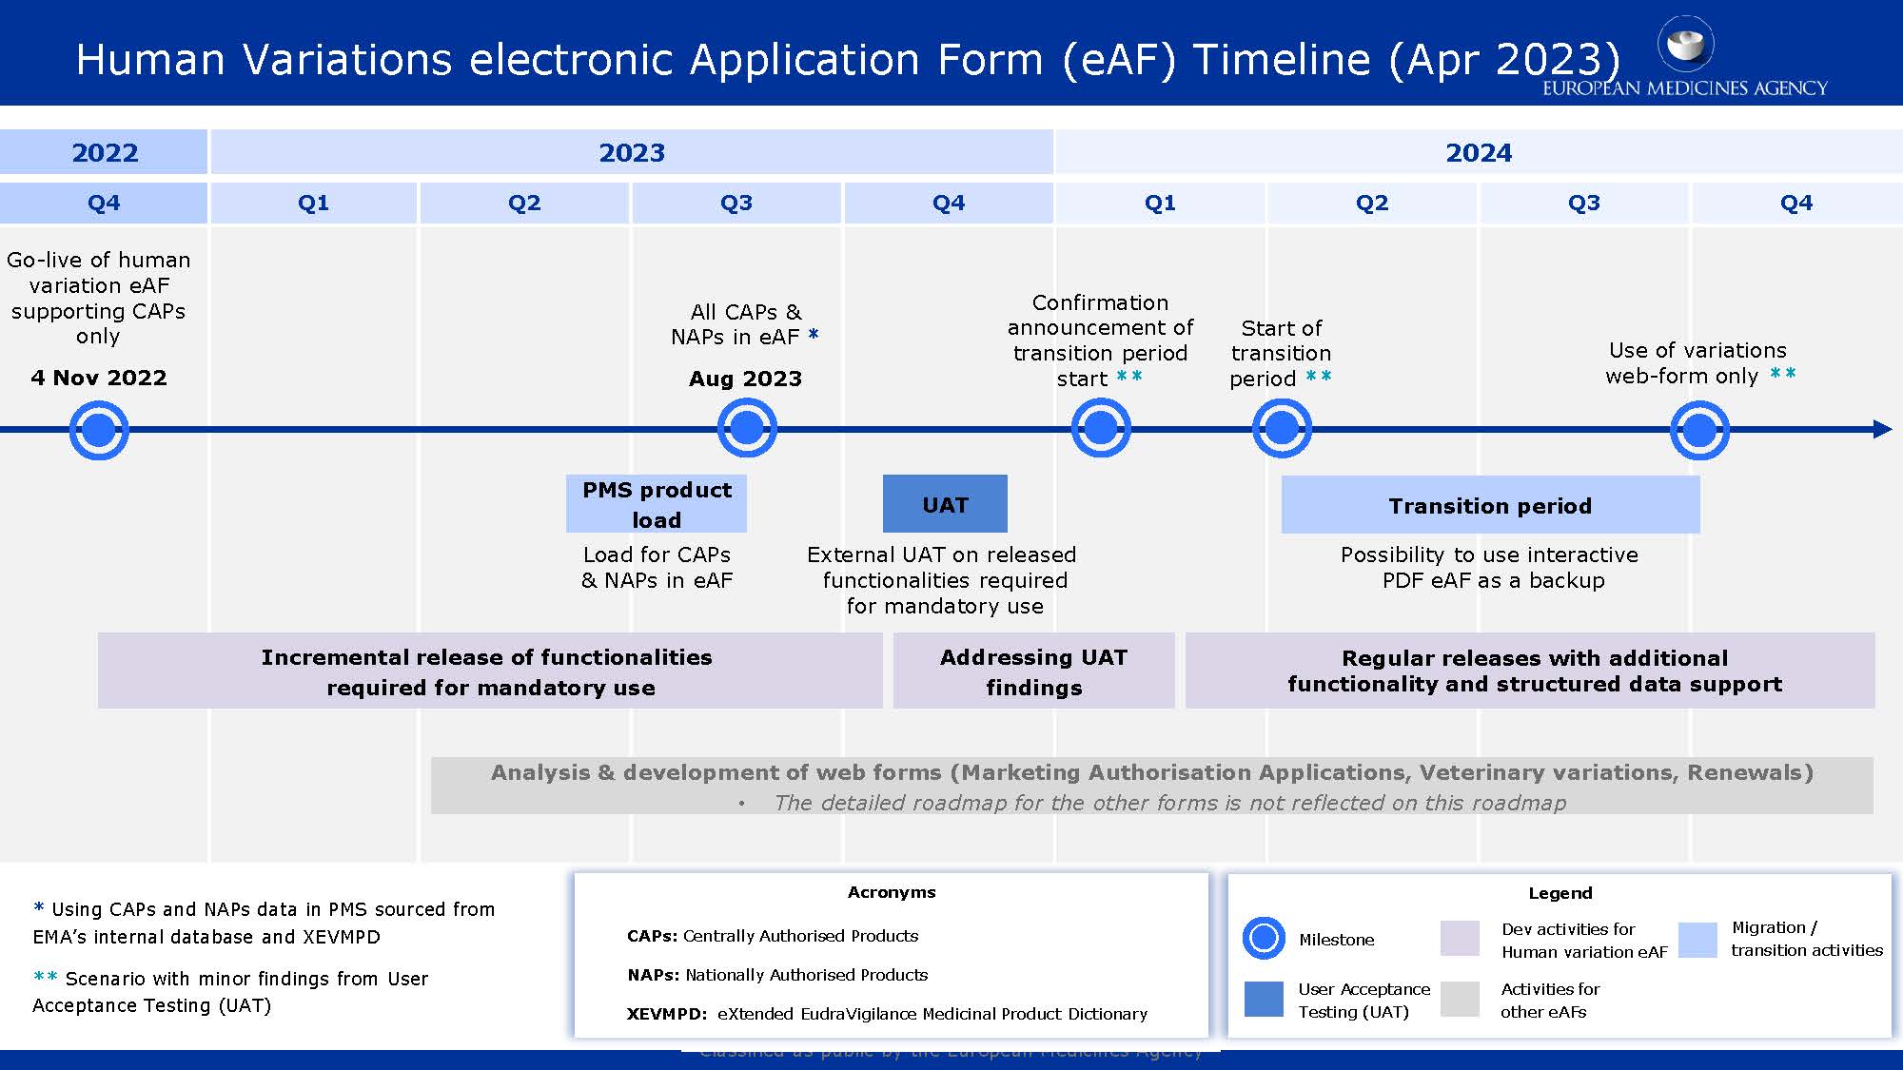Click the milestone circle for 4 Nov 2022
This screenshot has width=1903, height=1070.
point(99,430)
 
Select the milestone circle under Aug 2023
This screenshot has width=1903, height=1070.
point(747,428)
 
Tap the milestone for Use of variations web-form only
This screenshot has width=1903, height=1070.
point(1699,430)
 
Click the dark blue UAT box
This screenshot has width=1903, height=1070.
point(945,504)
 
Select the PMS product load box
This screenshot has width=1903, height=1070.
point(657,504)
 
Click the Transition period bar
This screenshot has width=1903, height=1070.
point(1490,505)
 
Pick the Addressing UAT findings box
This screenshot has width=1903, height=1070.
point(1033,671)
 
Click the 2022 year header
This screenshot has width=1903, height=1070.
point(104,152)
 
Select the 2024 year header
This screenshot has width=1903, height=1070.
point(1478,152)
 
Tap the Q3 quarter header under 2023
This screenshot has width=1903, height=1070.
point(736,203)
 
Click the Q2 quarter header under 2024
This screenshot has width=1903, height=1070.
point(1371,203)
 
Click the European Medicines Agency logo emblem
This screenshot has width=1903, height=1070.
point(1685,44)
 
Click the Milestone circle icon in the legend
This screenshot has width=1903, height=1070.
point(1264,939)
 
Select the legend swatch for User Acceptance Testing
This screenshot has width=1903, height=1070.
point(1264,999)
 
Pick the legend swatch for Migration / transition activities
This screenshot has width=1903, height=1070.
point(1697,939)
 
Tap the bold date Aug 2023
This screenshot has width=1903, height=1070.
point(745,379)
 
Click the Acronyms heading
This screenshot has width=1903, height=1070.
point(892,892)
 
